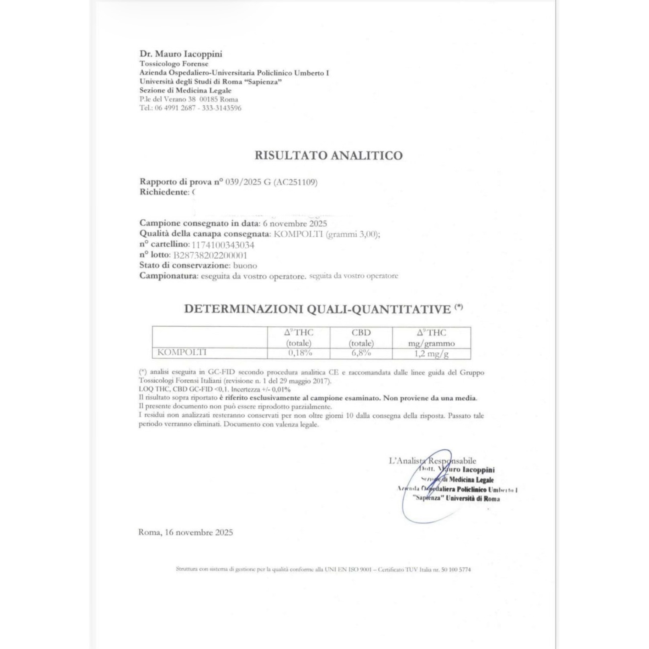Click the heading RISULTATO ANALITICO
[328, 156]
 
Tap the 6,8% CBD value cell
[361, 353]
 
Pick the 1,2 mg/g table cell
[431, 354]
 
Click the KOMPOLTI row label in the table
[182, 352]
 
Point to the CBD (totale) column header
[361, 338]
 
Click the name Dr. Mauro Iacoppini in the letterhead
[181, 54]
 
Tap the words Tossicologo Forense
[174, 64]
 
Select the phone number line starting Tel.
[190, 108]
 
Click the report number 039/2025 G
[248, 182]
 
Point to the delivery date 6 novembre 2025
[295, 223]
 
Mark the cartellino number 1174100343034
[223, 245]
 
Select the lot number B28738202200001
[210, 255]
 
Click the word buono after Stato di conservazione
[245, 266]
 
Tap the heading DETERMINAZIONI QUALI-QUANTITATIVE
[317, 309]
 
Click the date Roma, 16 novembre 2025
[186, 532]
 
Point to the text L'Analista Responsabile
[432, 461]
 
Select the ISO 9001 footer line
[323, 569]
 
